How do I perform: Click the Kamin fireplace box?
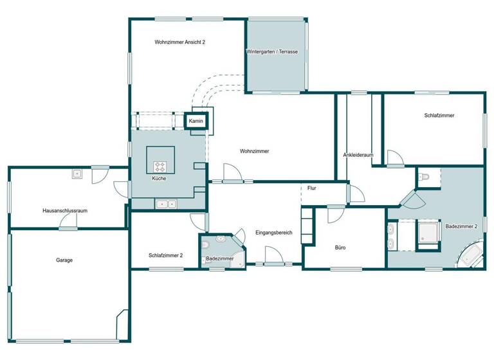[x=196, y=121]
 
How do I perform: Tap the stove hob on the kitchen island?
[x=160, y=165]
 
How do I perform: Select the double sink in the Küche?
[x=167, y=204]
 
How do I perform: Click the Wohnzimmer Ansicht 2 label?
[x=179, y=42]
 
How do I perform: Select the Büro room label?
[x=341, y=247]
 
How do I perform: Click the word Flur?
[x=311, y=188]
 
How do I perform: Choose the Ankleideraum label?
[x=358, y=155]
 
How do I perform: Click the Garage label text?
[x=64, y=260]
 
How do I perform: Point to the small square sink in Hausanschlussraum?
[x=77, y=173]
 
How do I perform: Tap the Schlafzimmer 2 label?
[x=165, y=255]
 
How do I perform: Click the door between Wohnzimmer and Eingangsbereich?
[x=232, y=174]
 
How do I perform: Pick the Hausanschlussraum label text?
[x=65, y=211]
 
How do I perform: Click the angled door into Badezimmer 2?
[x=412, y=199]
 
